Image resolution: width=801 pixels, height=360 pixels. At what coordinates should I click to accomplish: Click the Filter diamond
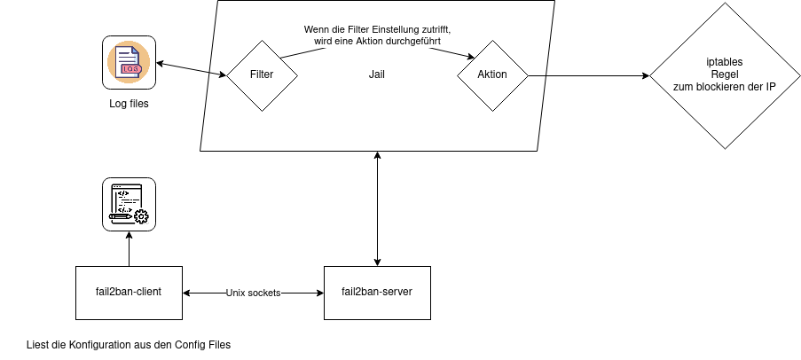(x=262, y=75)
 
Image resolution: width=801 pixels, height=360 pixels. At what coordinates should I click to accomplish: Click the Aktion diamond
(x=492, y=75)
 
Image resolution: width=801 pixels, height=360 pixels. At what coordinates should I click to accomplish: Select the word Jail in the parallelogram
(x=376, y=74)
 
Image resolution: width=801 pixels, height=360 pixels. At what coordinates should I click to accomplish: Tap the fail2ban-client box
(x=130, y=293)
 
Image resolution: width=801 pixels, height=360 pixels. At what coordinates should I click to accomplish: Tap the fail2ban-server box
(x=378, y=293)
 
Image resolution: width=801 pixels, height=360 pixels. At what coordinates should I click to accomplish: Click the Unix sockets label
(x=254, y=293)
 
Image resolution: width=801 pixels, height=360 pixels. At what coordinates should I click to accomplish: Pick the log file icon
(x=129, y=62)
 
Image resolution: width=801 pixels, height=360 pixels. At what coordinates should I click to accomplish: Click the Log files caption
(x=129, y=104)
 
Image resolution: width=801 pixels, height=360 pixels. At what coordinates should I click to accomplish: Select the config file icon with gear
(x=129, y=204)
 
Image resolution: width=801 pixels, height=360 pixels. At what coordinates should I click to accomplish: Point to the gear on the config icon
(x=141, y=216)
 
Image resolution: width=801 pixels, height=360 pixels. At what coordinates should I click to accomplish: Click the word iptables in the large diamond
(x=725, y=62)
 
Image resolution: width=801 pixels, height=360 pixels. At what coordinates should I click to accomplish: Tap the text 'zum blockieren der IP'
(x=725, y=87)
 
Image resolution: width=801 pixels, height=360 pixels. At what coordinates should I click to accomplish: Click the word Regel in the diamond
(x=725, y=74)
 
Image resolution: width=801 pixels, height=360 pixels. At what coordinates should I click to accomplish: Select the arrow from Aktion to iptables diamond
(x=588, y=75)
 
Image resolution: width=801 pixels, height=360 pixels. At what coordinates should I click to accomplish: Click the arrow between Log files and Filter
(x=192, y=69)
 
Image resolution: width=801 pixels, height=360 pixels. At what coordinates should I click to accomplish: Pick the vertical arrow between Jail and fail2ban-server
(x=378, y=209)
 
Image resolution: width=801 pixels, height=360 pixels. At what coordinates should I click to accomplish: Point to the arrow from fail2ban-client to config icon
(x=129, y=248)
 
